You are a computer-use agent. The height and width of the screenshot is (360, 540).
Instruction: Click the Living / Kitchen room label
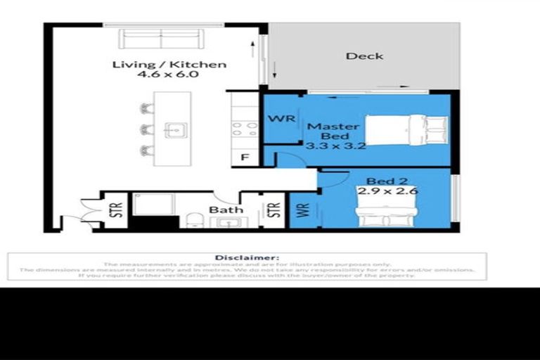tap(169, 65)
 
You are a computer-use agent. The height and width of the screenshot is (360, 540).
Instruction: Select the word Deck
tap(364, 56)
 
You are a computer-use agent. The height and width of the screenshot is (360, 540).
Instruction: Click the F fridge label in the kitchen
tap(245, 157)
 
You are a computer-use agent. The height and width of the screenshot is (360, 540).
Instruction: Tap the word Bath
tap(226, 210)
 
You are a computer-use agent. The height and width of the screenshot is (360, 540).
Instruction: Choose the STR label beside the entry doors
tap(117, 210)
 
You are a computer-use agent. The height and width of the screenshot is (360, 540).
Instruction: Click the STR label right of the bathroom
tap(273, 210)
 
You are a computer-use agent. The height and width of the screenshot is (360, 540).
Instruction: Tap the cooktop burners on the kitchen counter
tap(245, 129)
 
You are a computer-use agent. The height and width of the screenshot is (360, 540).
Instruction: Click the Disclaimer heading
tap(247, 258)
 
